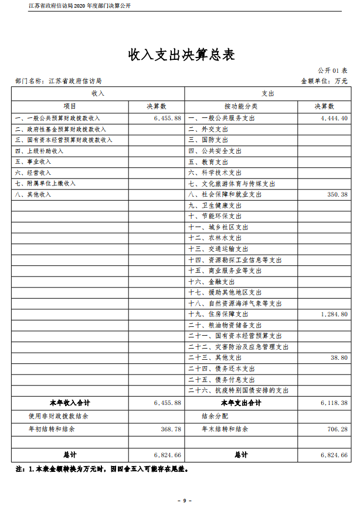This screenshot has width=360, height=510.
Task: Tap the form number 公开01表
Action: point(332,70)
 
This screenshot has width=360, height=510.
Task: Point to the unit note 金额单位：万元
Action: point(324,81)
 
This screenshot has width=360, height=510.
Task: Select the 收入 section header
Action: point(98,94)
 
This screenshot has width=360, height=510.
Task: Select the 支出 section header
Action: point(267,94)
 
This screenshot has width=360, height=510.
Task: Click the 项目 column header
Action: point(70,107)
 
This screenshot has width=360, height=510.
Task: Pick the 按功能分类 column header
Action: point(240,107)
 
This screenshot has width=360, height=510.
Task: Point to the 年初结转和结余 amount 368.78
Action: point(171,430)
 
